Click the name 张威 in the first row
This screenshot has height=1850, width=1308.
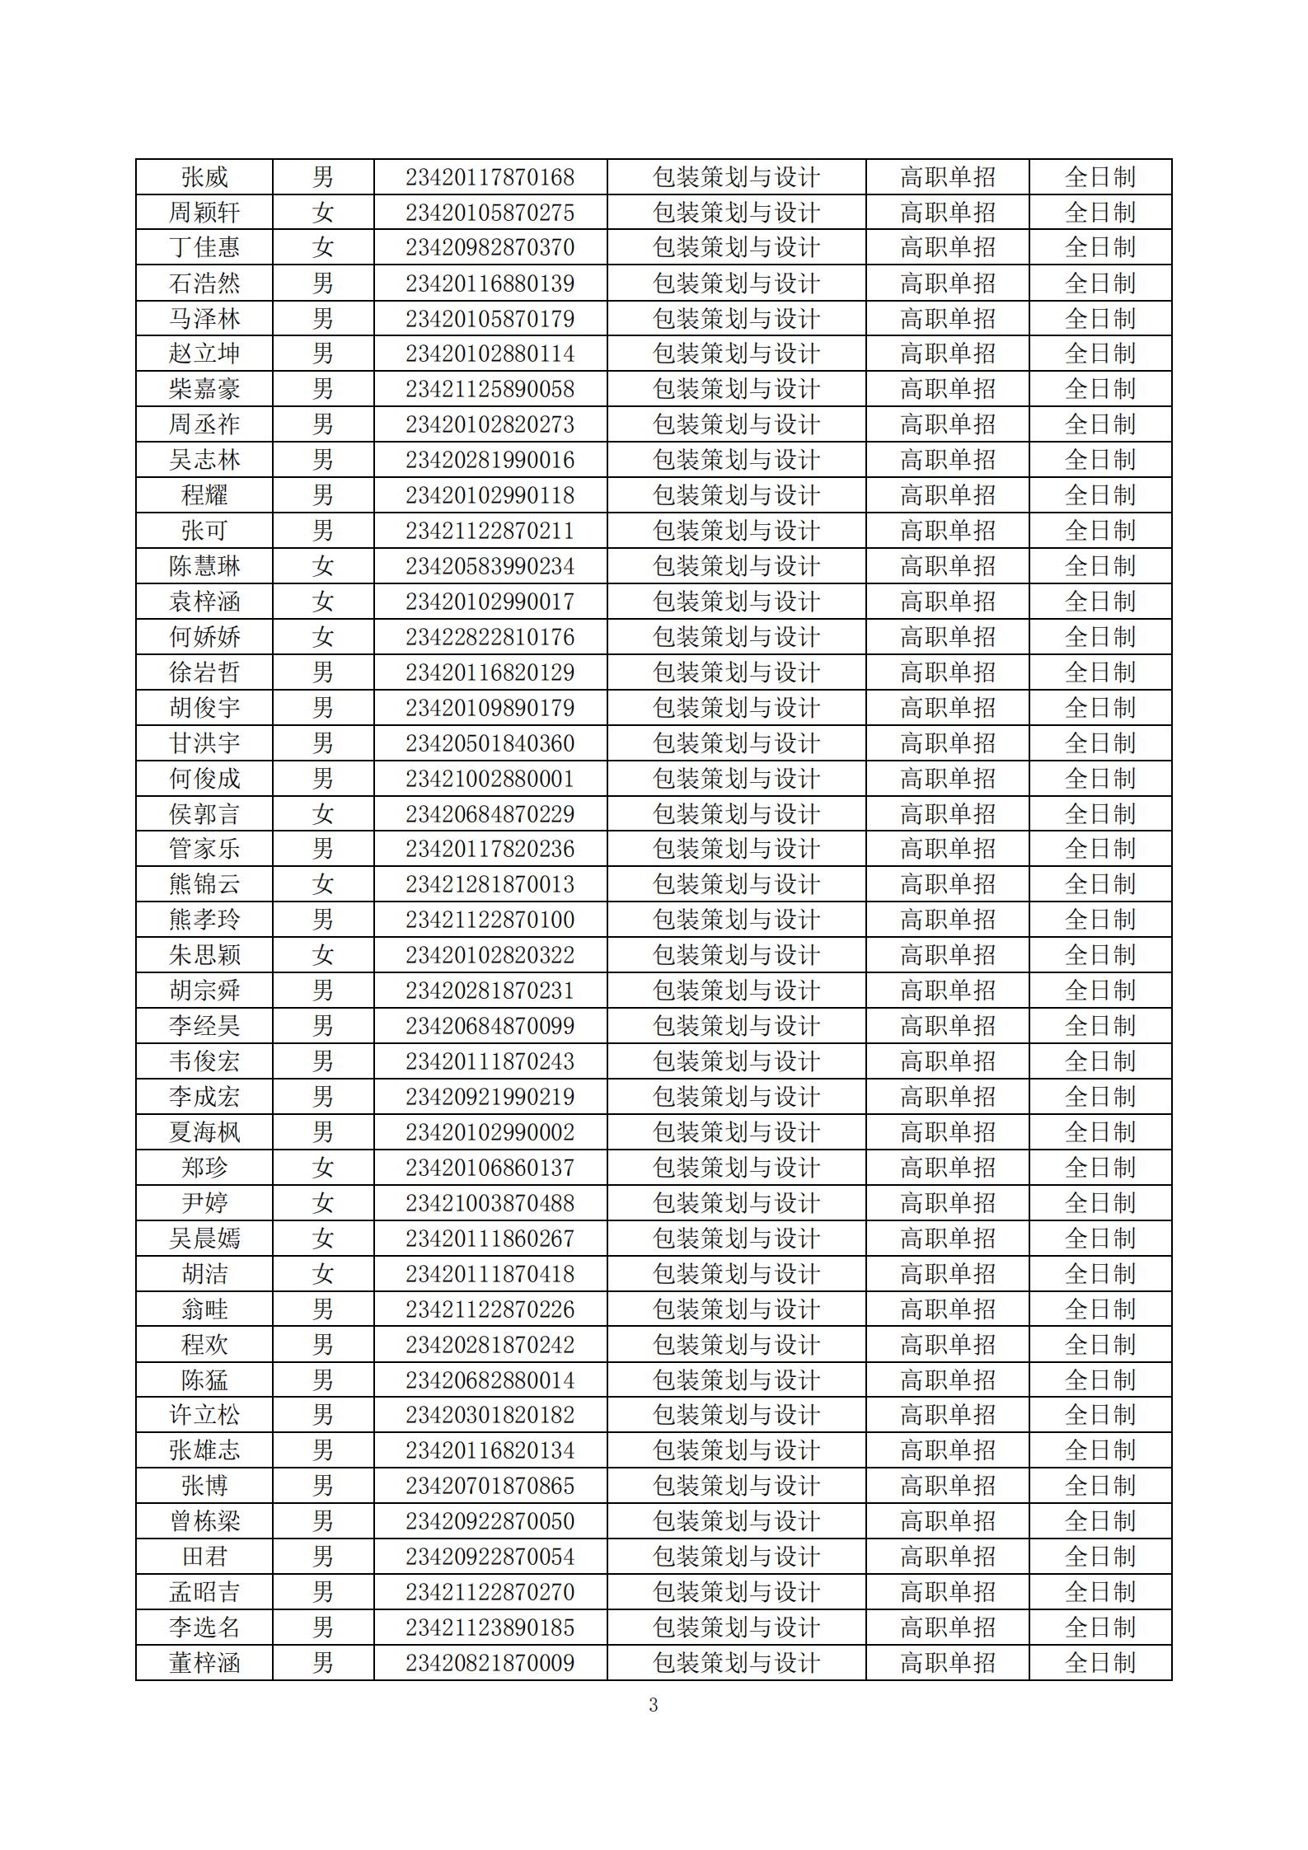click(x=204, y=177)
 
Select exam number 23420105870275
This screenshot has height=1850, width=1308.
click(x=490, y=213)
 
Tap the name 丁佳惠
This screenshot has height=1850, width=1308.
click(x=204, y=248)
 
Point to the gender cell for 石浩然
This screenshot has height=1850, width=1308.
click(x=322, y=283)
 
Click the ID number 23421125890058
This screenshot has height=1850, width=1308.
click(x=490, y=389)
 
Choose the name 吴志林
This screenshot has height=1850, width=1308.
click(x=204, y=460)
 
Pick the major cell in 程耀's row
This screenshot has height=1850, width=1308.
click(x=735, y=495)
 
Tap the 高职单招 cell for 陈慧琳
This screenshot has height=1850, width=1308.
click(x=947, y=566)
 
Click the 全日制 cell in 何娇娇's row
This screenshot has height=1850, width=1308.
click(x=1099, y=637)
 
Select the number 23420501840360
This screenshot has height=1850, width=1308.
click(x=490, y=743)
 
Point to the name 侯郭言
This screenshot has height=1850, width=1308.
click(x=204, y=814)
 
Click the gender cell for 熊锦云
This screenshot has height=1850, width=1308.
click(x=322, y=884)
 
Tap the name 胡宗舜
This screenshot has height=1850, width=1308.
click(x=204, y=991)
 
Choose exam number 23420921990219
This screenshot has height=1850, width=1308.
click(x=490, y=1097)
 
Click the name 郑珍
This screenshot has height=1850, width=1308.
click(x=204, y=1168)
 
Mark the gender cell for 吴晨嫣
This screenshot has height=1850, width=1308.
click(x=322, y=1239)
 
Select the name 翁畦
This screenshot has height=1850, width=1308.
click(x=204, y=1309)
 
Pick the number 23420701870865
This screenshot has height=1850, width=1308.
click(x=490, y=1486)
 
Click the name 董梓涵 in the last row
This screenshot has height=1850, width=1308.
click(x=204, y=1663)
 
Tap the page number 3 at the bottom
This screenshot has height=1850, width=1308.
click(x=654, y=1705)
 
